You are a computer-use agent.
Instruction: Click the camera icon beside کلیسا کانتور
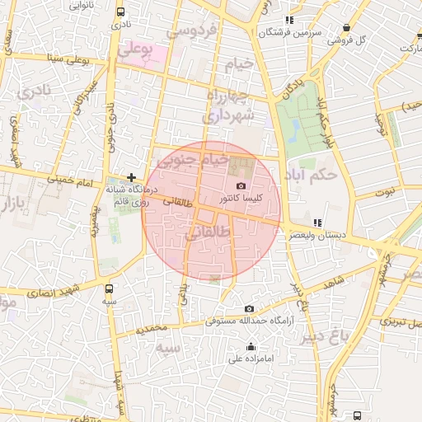coord(241,186)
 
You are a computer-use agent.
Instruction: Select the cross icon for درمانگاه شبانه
coord(131,176)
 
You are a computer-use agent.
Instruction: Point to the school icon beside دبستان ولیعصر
coord(317,223)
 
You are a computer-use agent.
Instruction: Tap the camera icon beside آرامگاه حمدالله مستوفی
coord(249,308)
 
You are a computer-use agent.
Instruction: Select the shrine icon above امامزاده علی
coord(251,346)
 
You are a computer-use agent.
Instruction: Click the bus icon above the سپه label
coord(109,288)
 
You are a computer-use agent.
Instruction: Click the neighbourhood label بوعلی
coord(135,49)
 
